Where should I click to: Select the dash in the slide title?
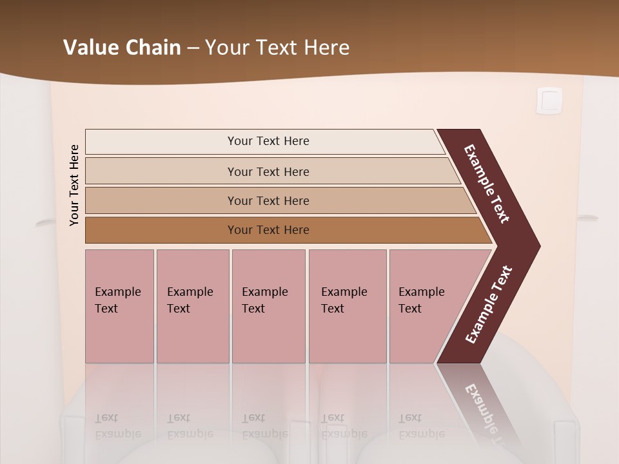193,48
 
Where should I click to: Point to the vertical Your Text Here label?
74,185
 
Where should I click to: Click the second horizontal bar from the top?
268,171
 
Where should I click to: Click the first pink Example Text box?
119,305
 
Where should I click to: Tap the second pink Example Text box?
192,305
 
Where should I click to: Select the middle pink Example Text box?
268,305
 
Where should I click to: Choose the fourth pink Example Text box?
347,305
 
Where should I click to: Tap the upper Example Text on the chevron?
487,184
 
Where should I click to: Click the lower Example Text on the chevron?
489,305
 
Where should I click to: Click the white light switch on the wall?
549,101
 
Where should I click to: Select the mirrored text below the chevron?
484,412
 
